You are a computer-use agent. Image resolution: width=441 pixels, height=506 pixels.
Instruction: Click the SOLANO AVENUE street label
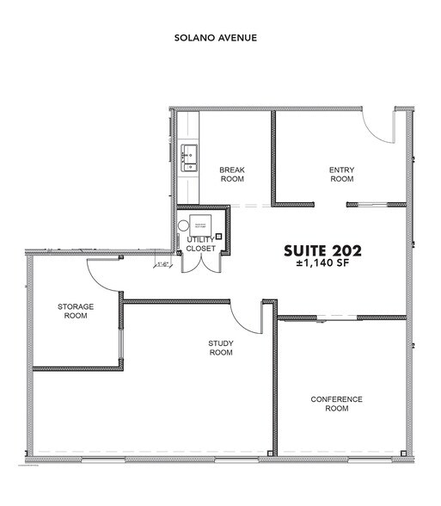pos(216,39)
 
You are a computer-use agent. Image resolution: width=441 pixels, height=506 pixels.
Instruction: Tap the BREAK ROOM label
pos(232,175)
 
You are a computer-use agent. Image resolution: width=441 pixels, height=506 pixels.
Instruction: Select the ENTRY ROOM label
pos(341,175)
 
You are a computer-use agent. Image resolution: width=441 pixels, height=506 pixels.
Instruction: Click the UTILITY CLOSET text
pos(201,244)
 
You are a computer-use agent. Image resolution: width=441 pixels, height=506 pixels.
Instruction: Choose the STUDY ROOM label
pos(221,349)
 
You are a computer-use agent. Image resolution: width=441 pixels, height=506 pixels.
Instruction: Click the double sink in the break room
pos(190,157)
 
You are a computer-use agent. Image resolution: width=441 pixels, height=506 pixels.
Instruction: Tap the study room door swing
pos(248,318)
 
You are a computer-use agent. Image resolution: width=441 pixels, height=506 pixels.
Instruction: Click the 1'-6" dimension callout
pos(161,264)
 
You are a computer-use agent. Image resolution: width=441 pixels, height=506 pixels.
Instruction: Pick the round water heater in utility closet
pos(184,227)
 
